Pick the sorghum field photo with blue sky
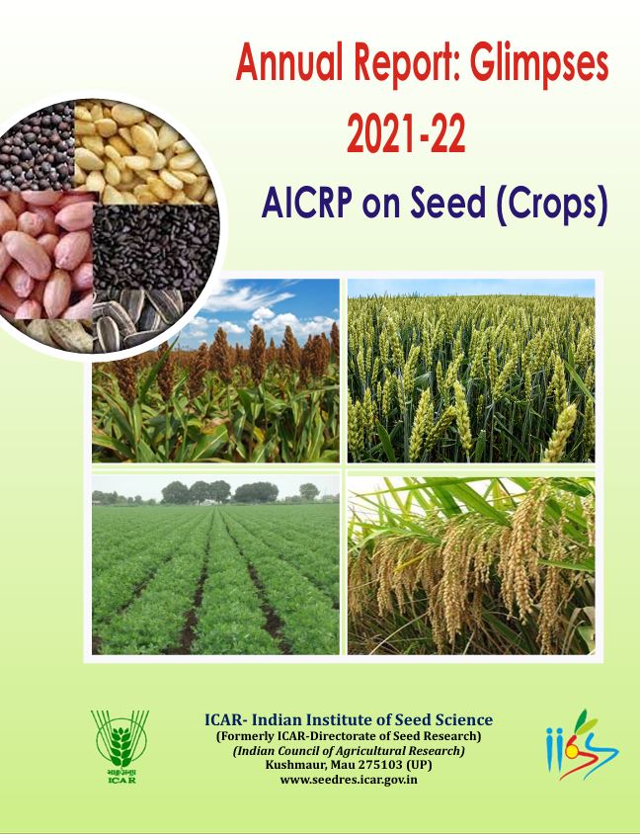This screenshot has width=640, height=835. pyautogui.click(x=215, y=371)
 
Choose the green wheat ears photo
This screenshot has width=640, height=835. pyautogui.click(x=471, y=371)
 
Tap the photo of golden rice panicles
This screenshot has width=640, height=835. pyautogui.click(x=471, y=565)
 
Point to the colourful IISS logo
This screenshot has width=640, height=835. pyautogui.click(x=582, y=744)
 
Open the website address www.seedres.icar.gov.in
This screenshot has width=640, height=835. pyautogui.click(x=349, y=780)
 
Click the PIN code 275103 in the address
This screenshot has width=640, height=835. pyautogui.click(x=378, y=765)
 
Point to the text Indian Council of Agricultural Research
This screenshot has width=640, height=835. pyautogui.click(x=349, y=751)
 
